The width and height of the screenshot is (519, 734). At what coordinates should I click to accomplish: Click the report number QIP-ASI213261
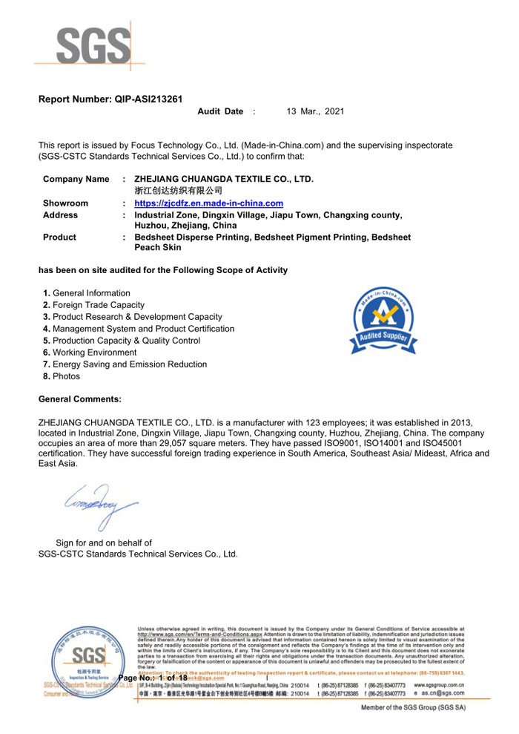[148, 99]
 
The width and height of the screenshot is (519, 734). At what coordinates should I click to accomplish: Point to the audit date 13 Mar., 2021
[315, 111]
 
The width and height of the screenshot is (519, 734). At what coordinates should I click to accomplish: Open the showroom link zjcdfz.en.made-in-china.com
[208, 203]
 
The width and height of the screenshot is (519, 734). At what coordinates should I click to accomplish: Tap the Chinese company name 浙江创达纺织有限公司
[178, 191]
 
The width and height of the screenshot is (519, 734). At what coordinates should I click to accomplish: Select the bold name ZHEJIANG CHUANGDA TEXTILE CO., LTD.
[223, 180]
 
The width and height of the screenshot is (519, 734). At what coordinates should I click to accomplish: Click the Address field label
[60, 215]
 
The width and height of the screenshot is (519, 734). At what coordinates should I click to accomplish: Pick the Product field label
[59, 237]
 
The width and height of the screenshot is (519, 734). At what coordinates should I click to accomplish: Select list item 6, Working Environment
[90, 353]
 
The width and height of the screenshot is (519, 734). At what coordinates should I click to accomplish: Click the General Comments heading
[80, 399]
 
